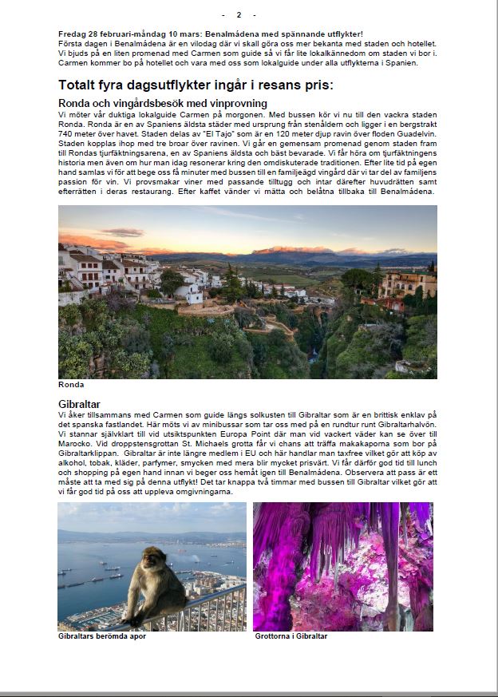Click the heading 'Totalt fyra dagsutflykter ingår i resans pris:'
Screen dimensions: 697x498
click(196, 85)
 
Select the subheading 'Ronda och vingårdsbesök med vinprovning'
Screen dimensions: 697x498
click(163, 104)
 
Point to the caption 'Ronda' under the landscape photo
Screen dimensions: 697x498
click(70, 385)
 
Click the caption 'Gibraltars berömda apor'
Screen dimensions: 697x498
click(102, 636)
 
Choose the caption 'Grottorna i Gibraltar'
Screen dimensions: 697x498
click(291, 636)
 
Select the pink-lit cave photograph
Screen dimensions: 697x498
click(343, 566)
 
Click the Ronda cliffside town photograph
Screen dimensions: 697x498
click(247, 291)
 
